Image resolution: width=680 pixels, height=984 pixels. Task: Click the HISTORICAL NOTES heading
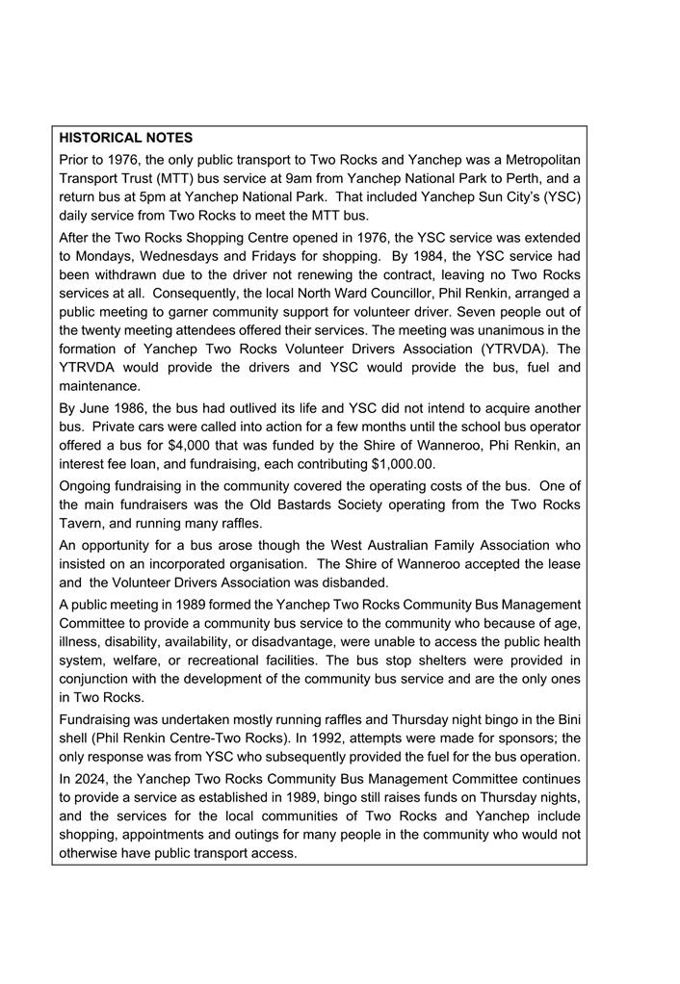click(125, 139)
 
